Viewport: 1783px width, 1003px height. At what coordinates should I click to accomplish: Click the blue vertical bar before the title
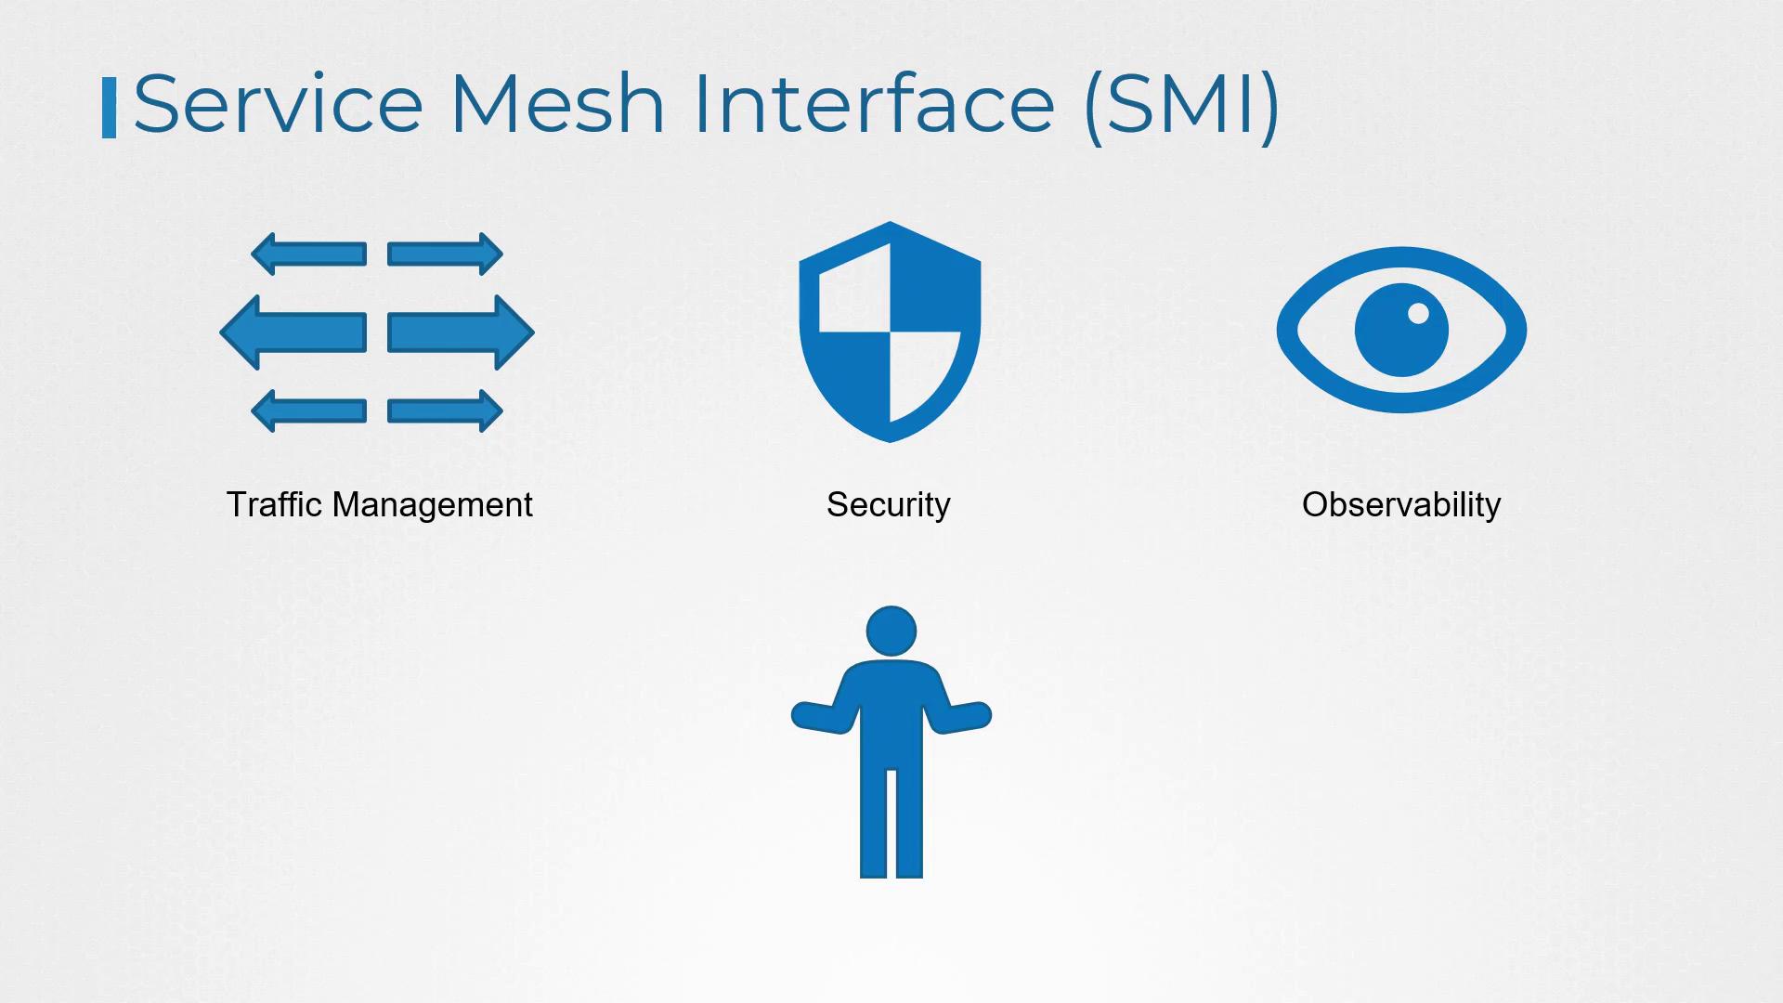coord(109,108)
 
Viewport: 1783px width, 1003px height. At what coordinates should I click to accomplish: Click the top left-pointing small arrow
coord(308,254)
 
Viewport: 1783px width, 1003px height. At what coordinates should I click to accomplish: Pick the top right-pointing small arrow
coord(445,254)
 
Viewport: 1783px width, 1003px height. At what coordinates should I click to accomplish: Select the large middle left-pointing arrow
coord(293,332)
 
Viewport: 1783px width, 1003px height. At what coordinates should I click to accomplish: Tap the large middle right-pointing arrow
coord(461,332)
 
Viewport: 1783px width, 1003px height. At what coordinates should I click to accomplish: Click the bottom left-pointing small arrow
coord(308,410)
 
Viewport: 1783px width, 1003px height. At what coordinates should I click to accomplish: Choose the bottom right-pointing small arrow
coord(445,410)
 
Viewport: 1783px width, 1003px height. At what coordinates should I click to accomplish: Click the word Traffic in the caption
coord(275,504)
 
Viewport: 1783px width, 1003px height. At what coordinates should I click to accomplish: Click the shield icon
coord(890,332)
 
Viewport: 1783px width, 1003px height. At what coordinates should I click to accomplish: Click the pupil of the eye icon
coord(1401,331)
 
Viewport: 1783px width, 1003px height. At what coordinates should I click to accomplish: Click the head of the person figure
coord(891,632)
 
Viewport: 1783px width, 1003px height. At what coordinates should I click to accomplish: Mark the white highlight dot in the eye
coord(1418,313)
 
